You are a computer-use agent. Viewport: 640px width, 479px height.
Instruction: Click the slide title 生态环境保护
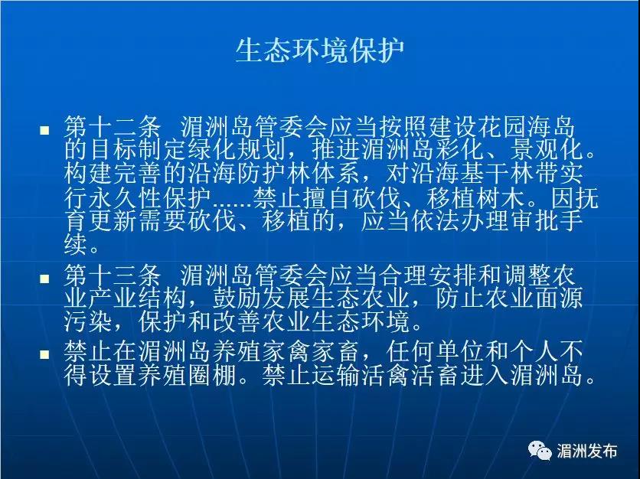320,51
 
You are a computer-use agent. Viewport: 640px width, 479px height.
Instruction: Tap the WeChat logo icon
540,451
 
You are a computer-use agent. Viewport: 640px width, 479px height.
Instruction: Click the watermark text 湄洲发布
586,451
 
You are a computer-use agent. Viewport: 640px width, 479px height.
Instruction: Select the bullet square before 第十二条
44,130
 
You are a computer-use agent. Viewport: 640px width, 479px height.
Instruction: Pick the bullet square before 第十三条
44,279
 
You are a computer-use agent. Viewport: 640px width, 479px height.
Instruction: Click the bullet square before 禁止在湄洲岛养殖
44,354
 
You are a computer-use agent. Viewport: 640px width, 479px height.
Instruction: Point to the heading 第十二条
113,127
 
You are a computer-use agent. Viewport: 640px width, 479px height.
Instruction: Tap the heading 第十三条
113,275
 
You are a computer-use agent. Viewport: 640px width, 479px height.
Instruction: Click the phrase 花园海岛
525,127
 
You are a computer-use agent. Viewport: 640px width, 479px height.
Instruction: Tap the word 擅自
326,199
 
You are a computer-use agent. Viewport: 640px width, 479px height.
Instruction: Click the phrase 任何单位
436,352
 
